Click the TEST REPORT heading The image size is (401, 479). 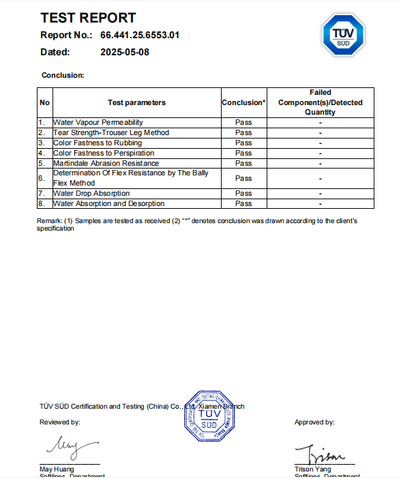pyautogui.click(x=88, y=18)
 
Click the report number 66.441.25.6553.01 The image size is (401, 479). pyautogui.click(x=140, y=35)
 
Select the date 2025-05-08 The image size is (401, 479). pyautogui.click(x=124, y=51)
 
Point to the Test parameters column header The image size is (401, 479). pyautogui.click(x=136, y=103)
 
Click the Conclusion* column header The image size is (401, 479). pyautogui.click(x=243, y=103)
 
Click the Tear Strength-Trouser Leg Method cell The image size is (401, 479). pyautogui.click(x=111, y=132)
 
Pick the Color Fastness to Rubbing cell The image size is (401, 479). pyautogui.click(x=98, y=143)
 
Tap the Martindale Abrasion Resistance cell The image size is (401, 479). pyautogui.click(x=106, y=163)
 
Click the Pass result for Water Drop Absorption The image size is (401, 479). pyautogui.click(x=243, y=194)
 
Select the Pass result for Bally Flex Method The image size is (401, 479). pyautogui.click(x=243, y=178)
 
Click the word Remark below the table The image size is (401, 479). pyautogui.click(x=48, y=221)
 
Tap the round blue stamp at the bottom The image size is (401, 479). pyautogui.click(x=210, y=418)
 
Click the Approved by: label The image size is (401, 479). pyautogui.click(x=314, y=422)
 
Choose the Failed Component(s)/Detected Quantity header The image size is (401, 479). pyautogui.click(x=320, y=102)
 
